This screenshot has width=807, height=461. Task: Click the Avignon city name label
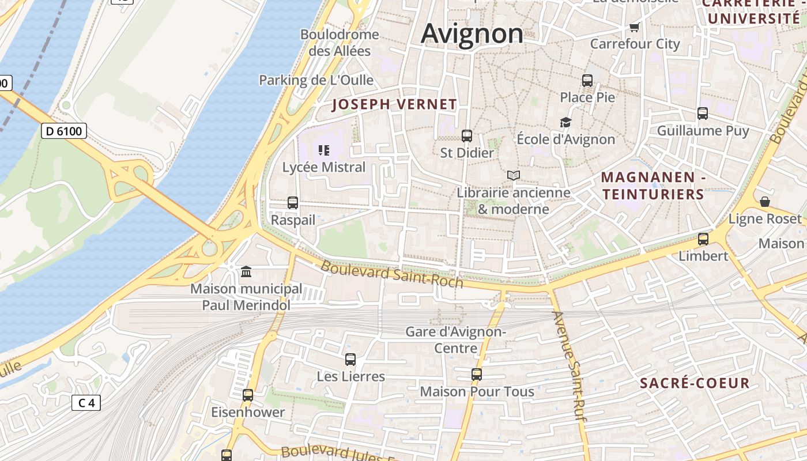pyautogui.click(x=472, y=33)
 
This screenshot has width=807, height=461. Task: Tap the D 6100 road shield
pyautogui.click(x=64, y=131)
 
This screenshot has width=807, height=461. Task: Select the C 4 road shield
pyautogui.click(x=86, y=403)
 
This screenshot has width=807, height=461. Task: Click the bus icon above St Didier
pyautogui.click(x=467, y=136)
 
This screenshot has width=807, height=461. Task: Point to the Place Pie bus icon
pyautogui.click(x=587, y=81)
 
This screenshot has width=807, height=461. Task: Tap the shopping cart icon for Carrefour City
pyautogui.click(x=635, y=27)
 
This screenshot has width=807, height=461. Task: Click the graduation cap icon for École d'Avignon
pyautogui.click(x=565, y=122)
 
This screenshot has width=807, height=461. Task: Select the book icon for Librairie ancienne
pyautogui.click(x=513, y=175)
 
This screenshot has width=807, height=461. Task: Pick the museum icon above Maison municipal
pyautogui.click(x=246, y=271)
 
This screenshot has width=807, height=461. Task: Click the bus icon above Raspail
pyautogui.click(x=293, y=203)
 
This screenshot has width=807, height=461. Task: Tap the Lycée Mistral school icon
pyautogui.click(x=324, y=151)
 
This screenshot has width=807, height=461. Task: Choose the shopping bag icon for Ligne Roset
pyautogui.click(x=765, y=202)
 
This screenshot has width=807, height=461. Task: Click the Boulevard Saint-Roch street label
pyautogui.click(x=392, y=274)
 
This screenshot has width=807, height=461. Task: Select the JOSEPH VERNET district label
pyautogui.click(x=395, y=105)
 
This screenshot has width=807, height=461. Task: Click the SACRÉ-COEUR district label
pyautogui.click(x=695, y=383)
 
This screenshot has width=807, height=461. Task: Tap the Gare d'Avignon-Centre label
pyautogui.click(x=455, y=340)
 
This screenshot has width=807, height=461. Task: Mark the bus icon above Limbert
pyautogui.click(x=703, y=239)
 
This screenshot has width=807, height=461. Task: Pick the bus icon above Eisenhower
pyautogui.click(x=248, y=395)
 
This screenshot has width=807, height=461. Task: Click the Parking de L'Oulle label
pyautogui.click(x=316, y=80)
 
